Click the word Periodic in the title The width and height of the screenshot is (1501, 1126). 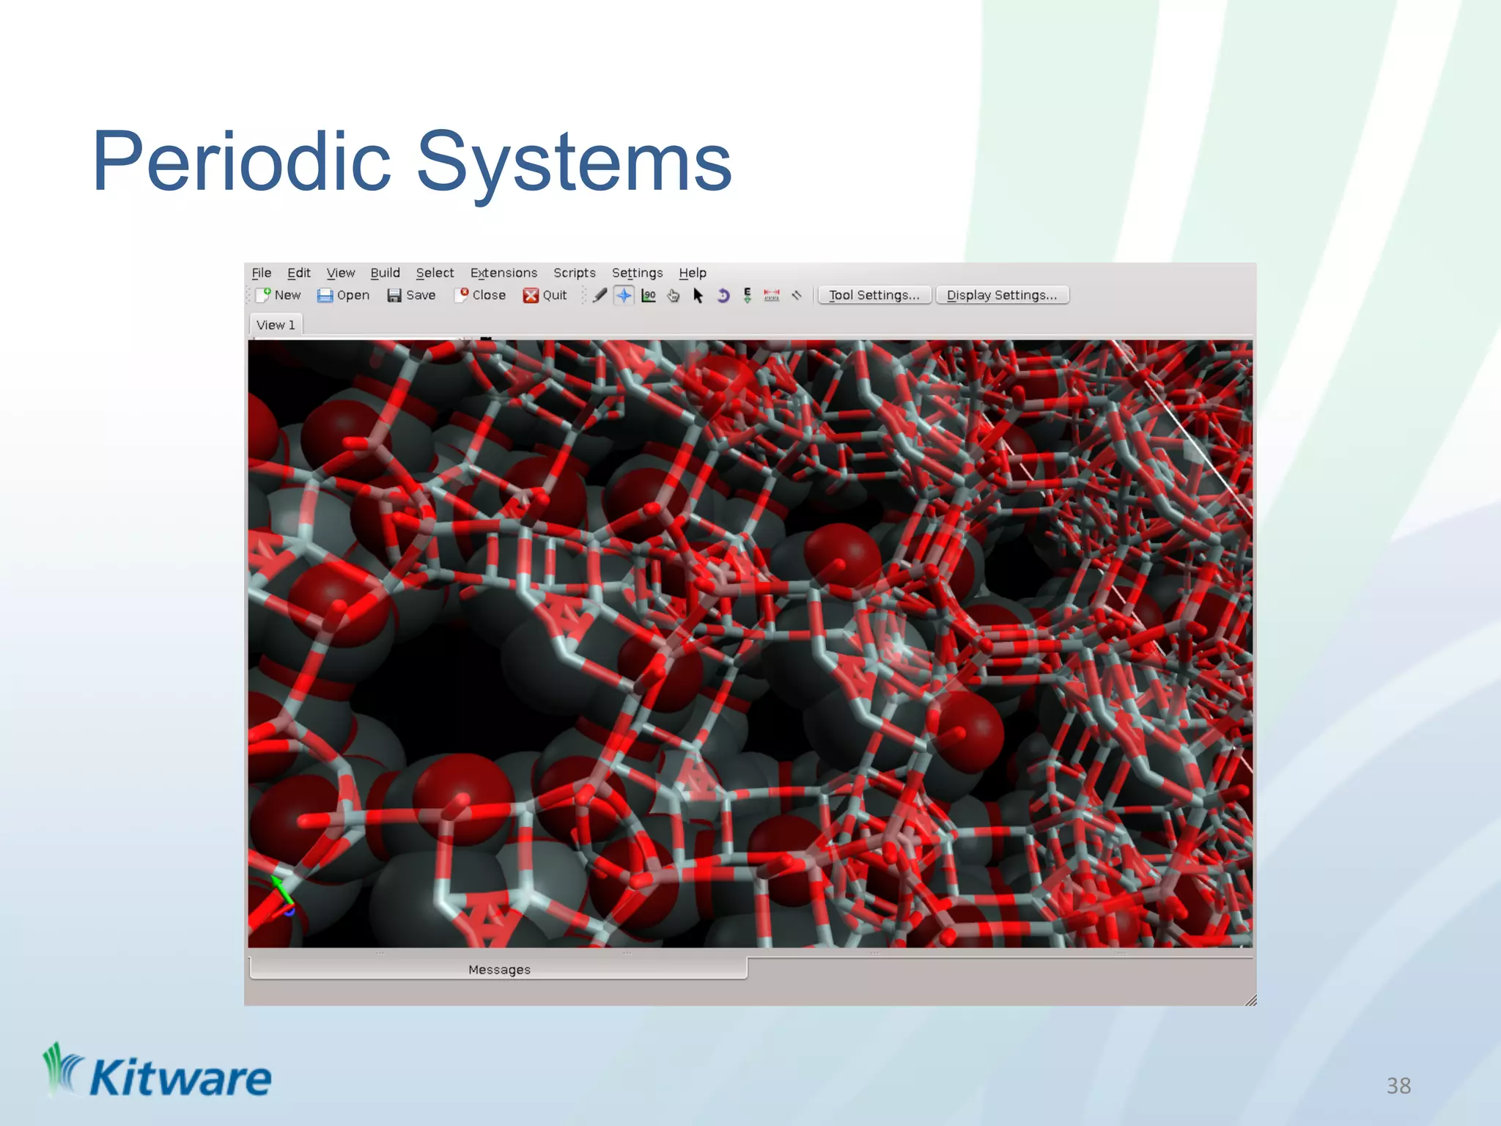point(242,162)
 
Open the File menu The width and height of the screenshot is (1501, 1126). point(261,273)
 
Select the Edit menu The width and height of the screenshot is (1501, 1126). point(298,273)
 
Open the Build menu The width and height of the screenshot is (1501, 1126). point(385,273)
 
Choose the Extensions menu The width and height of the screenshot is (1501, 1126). point(504,273)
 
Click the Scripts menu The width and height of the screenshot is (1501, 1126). point(574,273)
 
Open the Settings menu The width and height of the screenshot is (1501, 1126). point(637,273)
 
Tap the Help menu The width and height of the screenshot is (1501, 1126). point(692,273)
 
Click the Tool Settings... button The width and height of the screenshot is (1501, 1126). point(874,295)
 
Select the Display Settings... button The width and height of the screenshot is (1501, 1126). point(1001,295)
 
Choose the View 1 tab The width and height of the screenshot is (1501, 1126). point(276,325)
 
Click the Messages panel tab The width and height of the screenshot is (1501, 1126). point(498,969)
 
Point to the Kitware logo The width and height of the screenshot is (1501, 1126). point(158,1073)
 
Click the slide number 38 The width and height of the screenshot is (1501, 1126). point(1398,1085)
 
